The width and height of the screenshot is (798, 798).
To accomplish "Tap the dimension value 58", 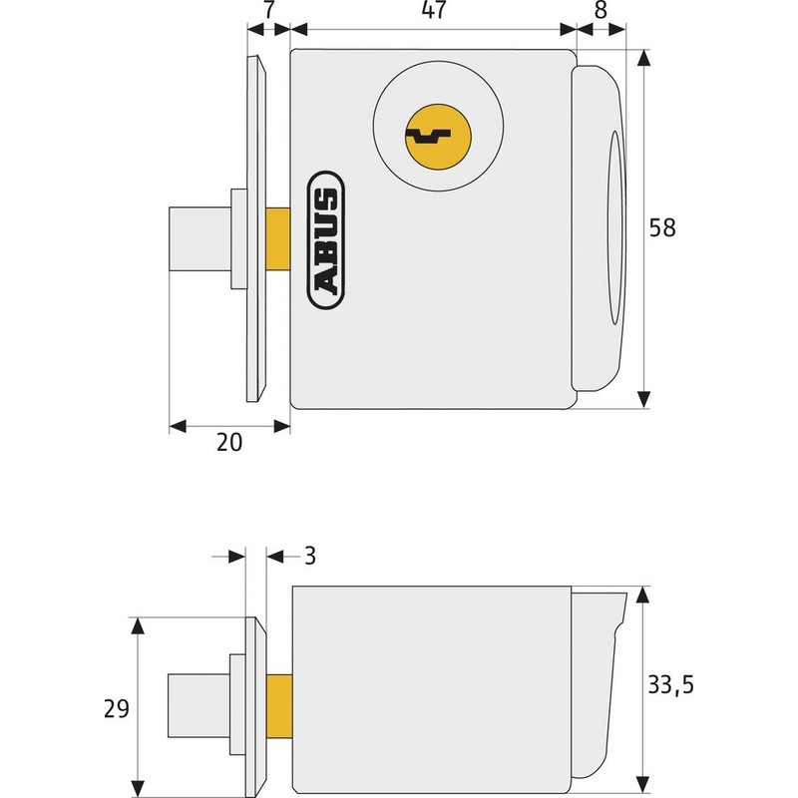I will tap(662, 227).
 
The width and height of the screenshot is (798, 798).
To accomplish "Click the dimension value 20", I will tap(229, 445).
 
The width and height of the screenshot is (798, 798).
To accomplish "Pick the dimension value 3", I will tap(309, 556).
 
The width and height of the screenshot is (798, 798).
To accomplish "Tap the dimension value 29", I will tap(116, 709).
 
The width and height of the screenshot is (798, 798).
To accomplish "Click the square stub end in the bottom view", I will tap(198, 702).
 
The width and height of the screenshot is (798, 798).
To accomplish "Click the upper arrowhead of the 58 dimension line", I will tap(645, 60).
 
